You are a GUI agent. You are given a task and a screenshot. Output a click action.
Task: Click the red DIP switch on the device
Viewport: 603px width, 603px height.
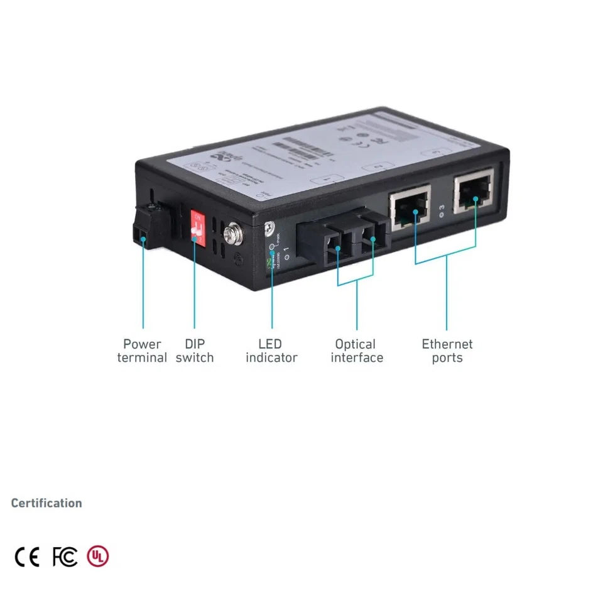point(198,227)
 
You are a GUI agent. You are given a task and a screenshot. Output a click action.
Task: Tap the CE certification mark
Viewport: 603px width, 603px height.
point(27,557)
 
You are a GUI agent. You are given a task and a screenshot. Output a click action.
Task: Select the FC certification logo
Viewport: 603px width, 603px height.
point(65,557)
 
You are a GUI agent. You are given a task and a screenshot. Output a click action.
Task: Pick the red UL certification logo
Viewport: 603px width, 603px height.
point(97,557)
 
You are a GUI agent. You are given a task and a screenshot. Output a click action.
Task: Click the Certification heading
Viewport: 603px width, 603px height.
point(46,503)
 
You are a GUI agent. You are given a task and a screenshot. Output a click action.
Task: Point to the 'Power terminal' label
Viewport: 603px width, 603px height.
point(142,351)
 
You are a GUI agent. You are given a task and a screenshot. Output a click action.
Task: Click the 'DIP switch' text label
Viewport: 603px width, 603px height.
point(195,351)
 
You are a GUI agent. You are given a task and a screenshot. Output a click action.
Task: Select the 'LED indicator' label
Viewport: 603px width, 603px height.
point(271,351)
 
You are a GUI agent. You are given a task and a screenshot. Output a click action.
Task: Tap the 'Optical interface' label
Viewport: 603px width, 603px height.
point(357,351)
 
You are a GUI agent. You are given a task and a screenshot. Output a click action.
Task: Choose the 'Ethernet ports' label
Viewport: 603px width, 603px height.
point(447,351)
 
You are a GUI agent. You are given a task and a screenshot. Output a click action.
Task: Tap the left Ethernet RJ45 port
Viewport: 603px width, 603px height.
point(410,205)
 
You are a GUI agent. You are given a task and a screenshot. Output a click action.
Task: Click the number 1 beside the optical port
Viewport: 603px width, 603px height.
point(286,252)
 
